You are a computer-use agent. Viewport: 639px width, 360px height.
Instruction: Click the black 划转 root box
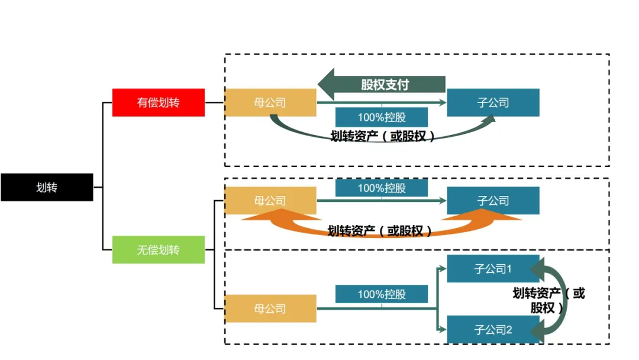47,187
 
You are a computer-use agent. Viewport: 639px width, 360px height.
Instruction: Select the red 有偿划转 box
158,102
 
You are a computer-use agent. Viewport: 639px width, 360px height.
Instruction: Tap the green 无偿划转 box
158,250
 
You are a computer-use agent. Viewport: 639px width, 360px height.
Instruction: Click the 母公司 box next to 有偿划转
270,102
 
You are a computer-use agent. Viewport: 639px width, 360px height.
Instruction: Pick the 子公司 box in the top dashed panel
493,102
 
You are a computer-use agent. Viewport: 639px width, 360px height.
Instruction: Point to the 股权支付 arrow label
385,84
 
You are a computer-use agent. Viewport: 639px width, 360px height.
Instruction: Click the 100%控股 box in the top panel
382,117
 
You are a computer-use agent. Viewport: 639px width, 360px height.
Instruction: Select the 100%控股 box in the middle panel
382,188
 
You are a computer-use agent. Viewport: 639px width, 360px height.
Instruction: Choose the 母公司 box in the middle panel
270,201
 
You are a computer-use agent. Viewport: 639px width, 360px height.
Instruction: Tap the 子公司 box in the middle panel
493,201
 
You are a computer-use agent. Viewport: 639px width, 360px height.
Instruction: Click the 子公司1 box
493,269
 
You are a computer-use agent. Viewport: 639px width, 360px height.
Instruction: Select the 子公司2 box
493,329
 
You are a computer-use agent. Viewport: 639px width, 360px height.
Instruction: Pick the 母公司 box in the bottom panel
270,308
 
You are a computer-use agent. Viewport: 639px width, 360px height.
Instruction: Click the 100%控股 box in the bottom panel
382,294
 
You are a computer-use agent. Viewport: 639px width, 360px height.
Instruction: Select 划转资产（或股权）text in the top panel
382,136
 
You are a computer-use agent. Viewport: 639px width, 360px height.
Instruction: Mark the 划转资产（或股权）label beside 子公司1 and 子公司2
548,300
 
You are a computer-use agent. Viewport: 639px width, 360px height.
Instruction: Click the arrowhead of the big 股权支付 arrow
328,84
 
